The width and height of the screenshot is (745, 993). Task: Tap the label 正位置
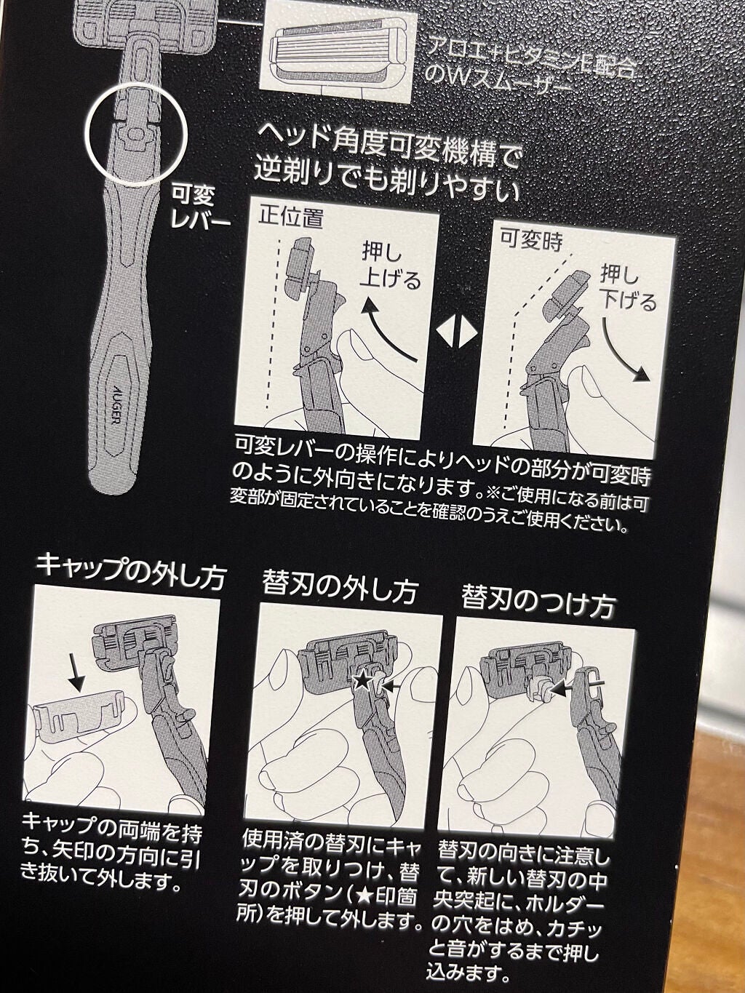(290, 217)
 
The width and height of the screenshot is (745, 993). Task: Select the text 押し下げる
(628, 288)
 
